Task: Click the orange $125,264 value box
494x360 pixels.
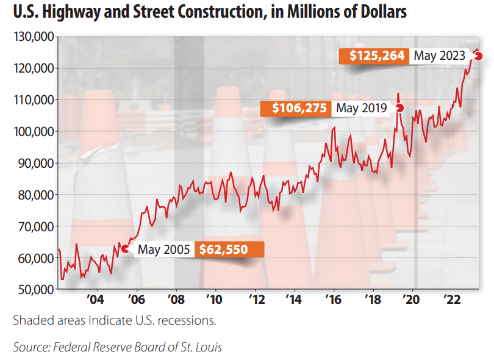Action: [373, 56]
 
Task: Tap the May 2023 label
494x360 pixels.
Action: [439, 56]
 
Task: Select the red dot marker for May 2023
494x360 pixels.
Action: [479, 56]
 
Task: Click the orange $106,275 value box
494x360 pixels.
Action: [296, 109]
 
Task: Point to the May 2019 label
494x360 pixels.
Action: [362, 109]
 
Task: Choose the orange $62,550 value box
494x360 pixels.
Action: [229, 249]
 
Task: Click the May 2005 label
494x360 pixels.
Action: [163, 249]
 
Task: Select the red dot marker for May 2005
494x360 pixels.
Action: [125, 248]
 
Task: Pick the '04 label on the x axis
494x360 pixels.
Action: [96, 300]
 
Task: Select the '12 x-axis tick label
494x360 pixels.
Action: [256, 300]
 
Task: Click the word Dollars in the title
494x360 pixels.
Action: [381, 12]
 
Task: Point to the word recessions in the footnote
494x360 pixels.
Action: [189, 320]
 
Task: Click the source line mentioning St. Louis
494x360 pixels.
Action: [118, 347]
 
